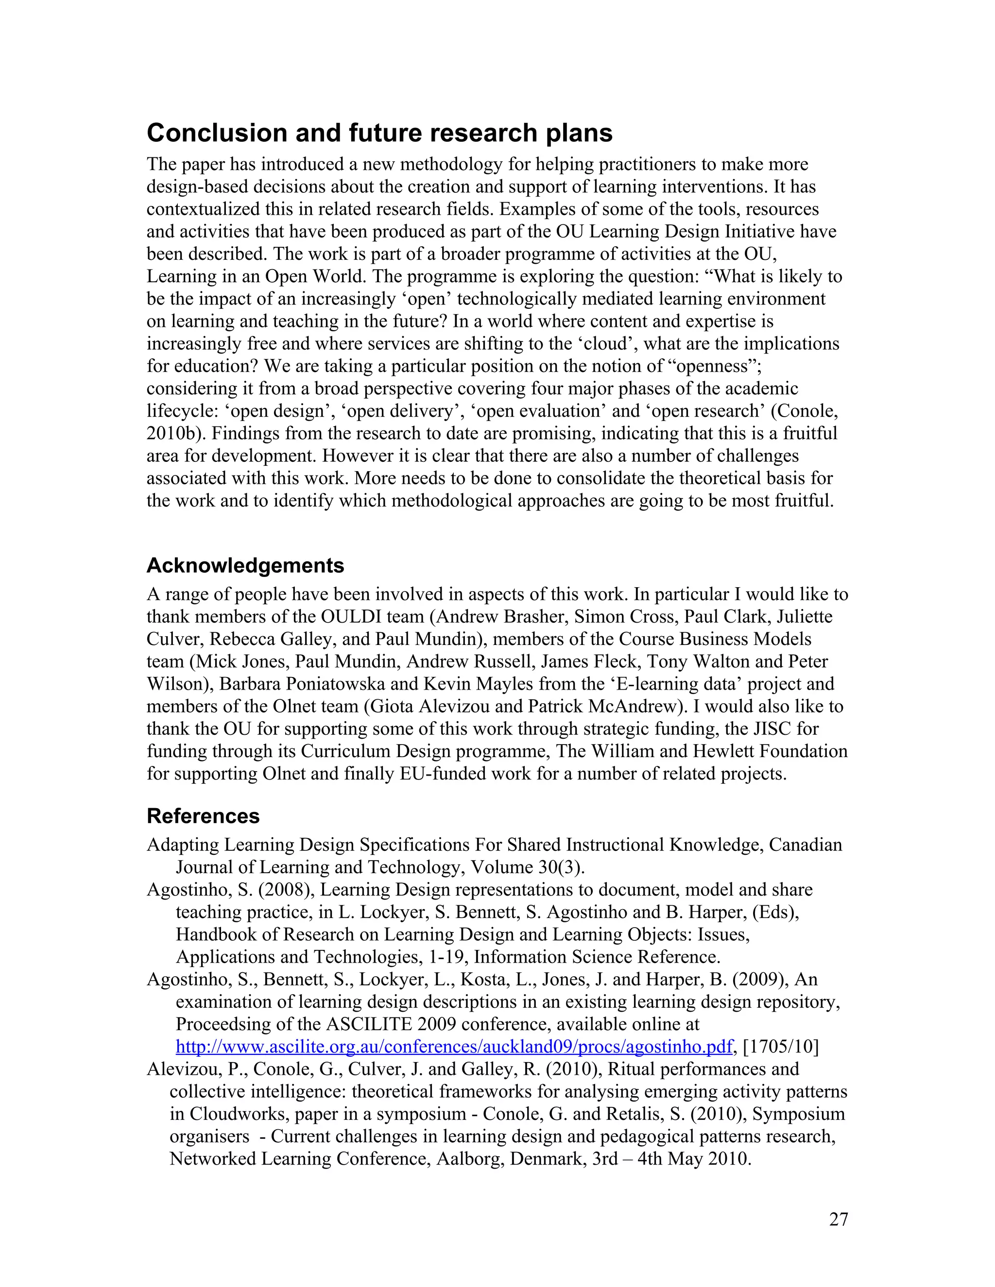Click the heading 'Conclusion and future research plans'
tap(379, 133)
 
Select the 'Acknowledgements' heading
tap(245, 566)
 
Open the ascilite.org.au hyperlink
tap(454, 1047)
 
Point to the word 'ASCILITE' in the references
tap(367, 1024)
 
